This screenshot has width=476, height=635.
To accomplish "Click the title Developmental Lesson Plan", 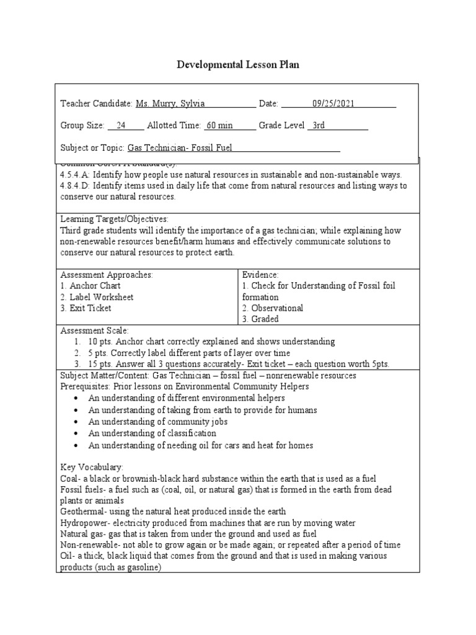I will coord(238,64).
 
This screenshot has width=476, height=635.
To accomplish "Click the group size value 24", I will coord(121,126).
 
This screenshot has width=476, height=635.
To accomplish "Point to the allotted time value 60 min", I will coord(219,126).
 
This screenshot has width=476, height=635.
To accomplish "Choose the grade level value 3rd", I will coord(319,126).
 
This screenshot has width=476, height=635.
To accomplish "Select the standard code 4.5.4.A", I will coord(77,175).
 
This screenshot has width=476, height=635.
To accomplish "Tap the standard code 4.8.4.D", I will coord(77,186).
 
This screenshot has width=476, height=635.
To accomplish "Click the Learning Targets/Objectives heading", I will coord(114,220).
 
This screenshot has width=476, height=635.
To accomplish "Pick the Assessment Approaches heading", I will coord(106,275).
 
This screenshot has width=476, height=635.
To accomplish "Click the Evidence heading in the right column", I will coord(260,275).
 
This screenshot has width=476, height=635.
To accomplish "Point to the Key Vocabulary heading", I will coord(92,466).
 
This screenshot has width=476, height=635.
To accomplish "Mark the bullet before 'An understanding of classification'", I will coord(75,433).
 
